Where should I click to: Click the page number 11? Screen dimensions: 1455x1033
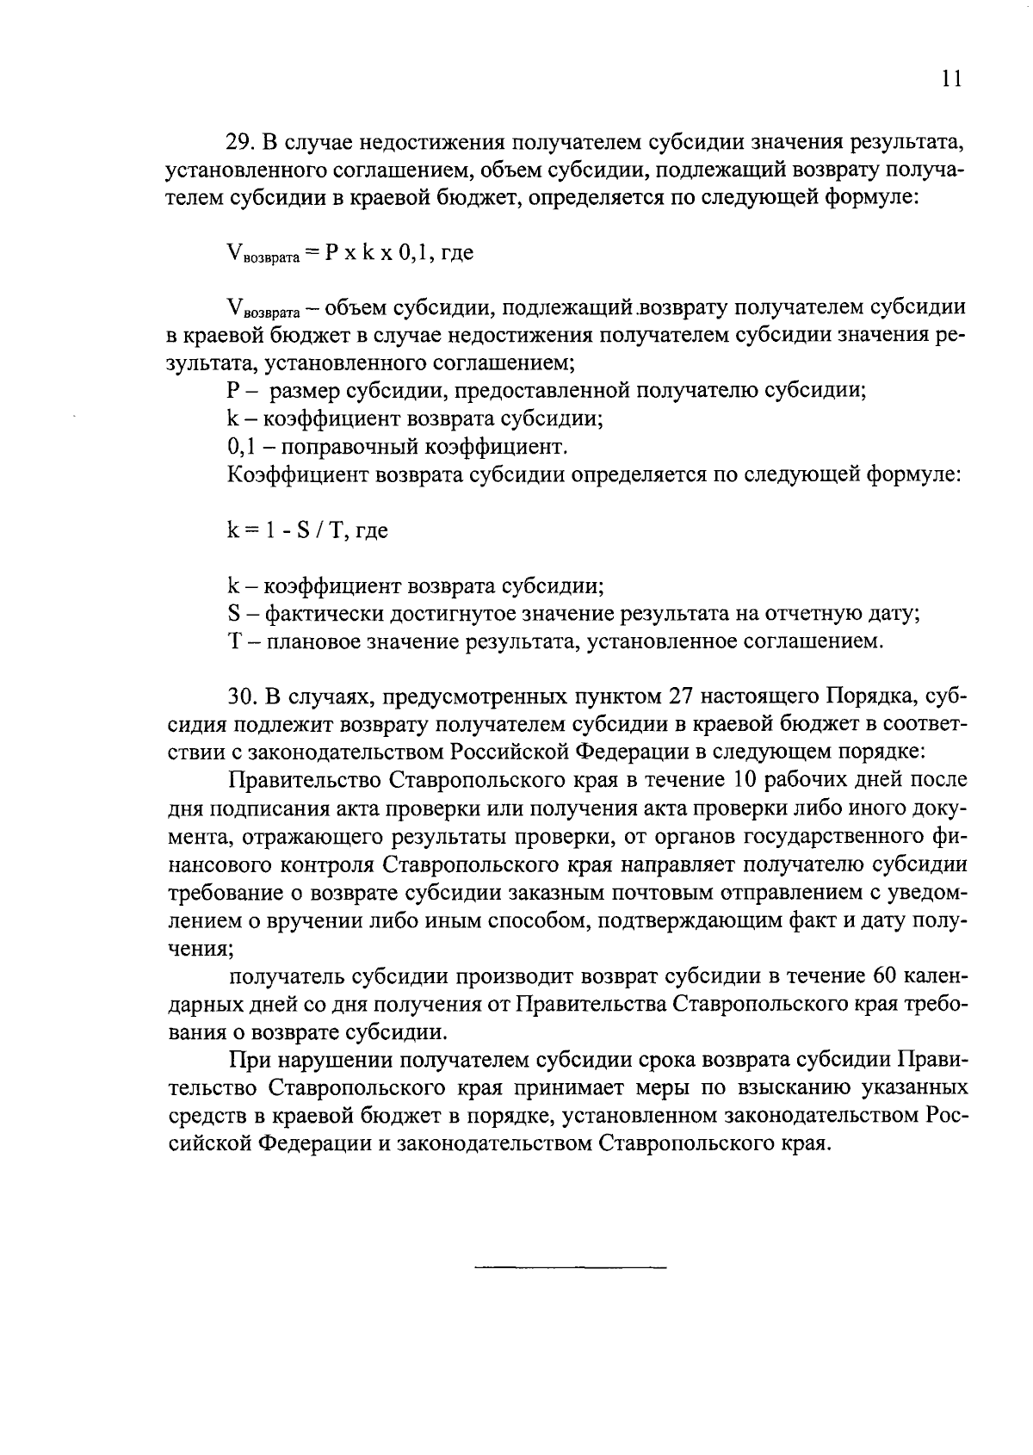(x=949, y=79)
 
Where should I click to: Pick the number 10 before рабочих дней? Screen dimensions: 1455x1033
(x=744, y=780)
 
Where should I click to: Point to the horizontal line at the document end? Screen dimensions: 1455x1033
(x=570, y=1268)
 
